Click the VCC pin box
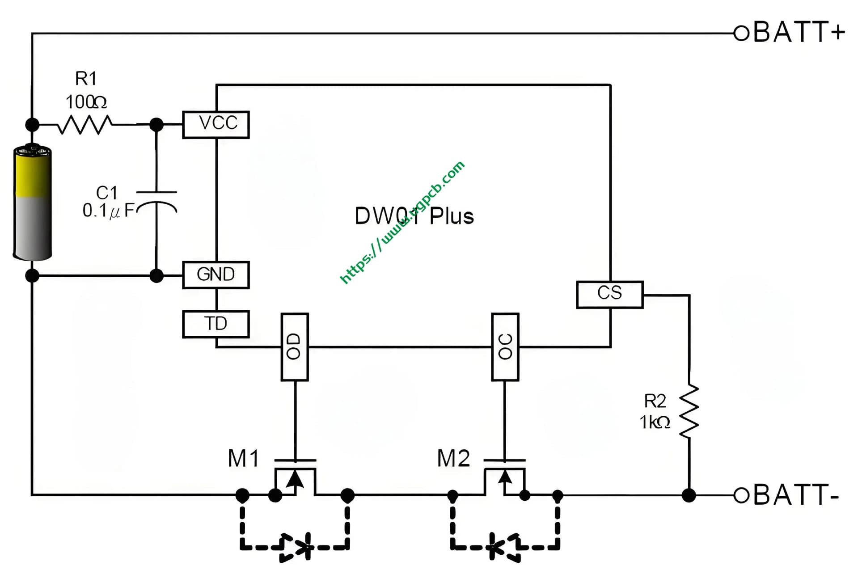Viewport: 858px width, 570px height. (216, 124)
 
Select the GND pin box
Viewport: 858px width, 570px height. (216, 274)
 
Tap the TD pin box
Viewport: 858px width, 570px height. (216, 324)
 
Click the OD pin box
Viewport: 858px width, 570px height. (294, 347)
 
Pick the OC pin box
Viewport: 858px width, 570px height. (505, 347)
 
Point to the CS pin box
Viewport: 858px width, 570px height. (609, 294)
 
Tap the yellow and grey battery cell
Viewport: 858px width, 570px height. (33, 203)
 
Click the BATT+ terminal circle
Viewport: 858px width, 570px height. (741, 33)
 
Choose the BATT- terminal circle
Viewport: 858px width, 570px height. (741, 495)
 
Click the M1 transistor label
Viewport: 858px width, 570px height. (243, 459)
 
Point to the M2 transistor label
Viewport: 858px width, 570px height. (453, 459)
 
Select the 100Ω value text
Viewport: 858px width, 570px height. (86, 102)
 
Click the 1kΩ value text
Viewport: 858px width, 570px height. (655, 422)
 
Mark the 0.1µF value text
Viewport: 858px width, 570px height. (109, 210)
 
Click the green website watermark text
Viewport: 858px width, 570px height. (402, 222)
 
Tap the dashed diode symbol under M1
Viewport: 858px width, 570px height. (296, 547)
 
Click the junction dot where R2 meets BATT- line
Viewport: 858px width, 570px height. (689, 495)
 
